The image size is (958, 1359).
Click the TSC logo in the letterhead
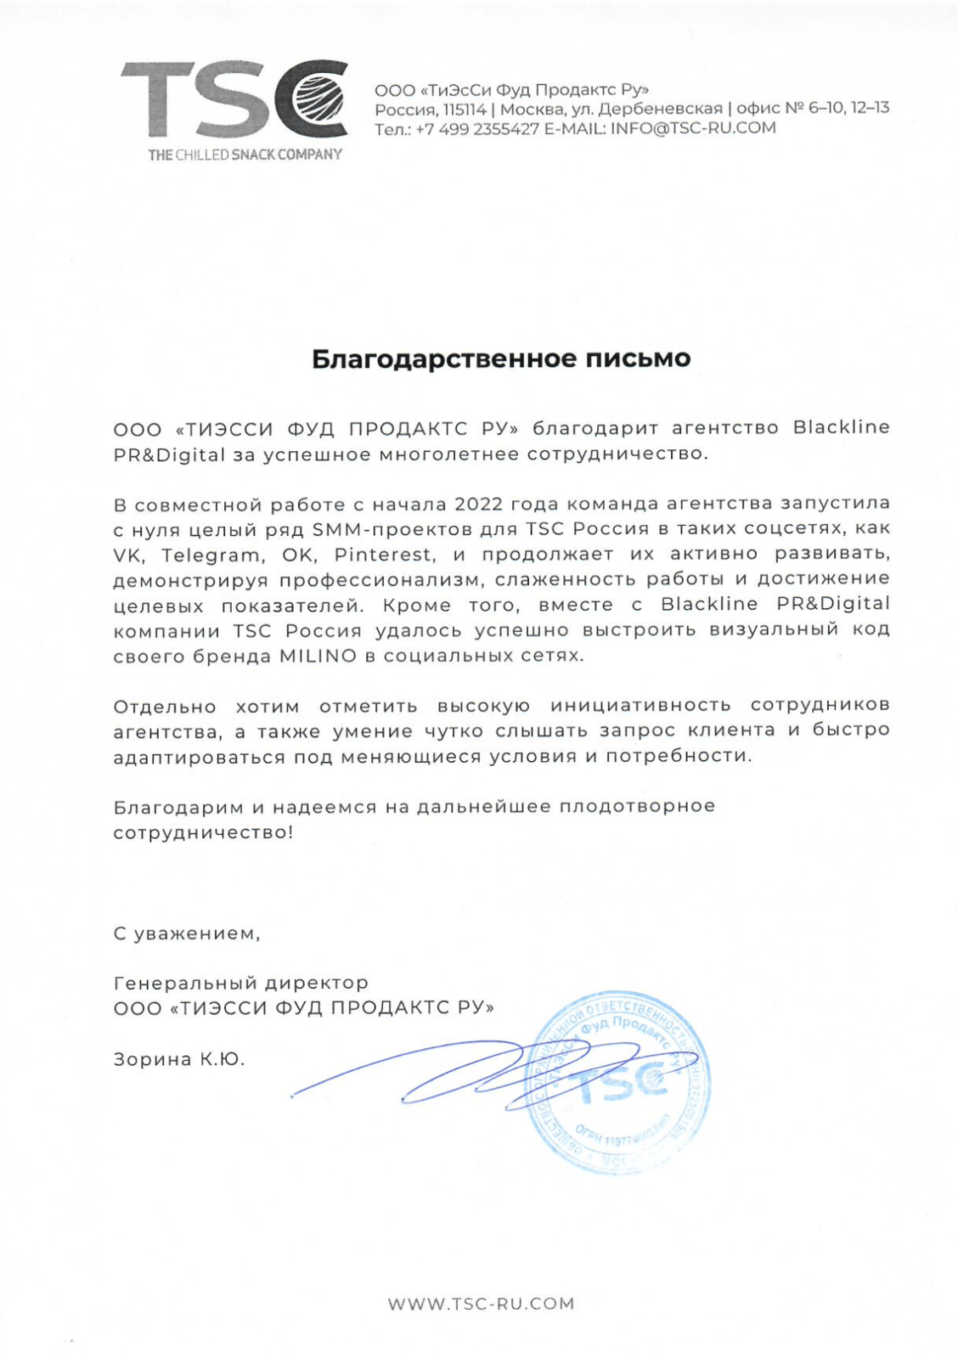point(234,100)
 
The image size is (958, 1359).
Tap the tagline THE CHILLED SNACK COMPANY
point(245,155)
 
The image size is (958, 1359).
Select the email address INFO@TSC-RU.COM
point(693,128)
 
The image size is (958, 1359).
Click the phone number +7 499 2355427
point(477,128)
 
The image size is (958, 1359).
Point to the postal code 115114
point(465,109)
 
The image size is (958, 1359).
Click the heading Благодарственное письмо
point(501,358)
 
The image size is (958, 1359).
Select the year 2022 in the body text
point(479,504)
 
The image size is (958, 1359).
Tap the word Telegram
point(210,555)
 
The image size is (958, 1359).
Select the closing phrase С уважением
point(187,933)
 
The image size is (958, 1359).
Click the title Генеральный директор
point(241,984)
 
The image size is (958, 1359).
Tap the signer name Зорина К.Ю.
point(179,1059)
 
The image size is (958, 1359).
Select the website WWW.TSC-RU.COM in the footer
point(481,1304)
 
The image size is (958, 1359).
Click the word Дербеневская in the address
point(661,109)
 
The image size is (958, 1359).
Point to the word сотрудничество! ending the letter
point(203,832)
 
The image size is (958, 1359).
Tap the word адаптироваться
point(200,757)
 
